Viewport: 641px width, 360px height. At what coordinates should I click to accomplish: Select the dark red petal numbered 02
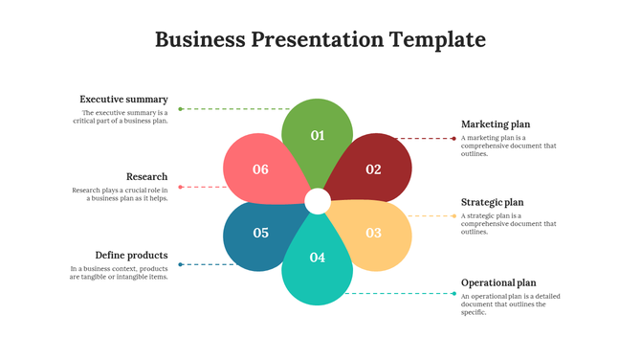point(372,169)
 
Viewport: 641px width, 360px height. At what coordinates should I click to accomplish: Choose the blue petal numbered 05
point(260,233)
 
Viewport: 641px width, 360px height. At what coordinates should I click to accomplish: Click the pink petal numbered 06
point(260,169)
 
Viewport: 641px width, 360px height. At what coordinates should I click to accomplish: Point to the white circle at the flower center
point(318,201)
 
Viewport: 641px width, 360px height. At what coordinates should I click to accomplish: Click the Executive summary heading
point(123,100)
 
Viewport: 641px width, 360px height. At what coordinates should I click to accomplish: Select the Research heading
point(146,177)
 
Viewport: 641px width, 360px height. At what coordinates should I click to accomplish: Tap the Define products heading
point(131,256)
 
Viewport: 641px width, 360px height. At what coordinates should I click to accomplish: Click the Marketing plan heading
point(495,124)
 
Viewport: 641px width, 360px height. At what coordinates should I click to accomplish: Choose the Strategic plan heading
point(492,203)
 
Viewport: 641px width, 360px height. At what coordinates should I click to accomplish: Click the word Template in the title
point(436,39)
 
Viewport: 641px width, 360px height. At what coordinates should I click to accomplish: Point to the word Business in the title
point(199,39)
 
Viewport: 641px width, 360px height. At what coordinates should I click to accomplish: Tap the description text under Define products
point(119,273)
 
